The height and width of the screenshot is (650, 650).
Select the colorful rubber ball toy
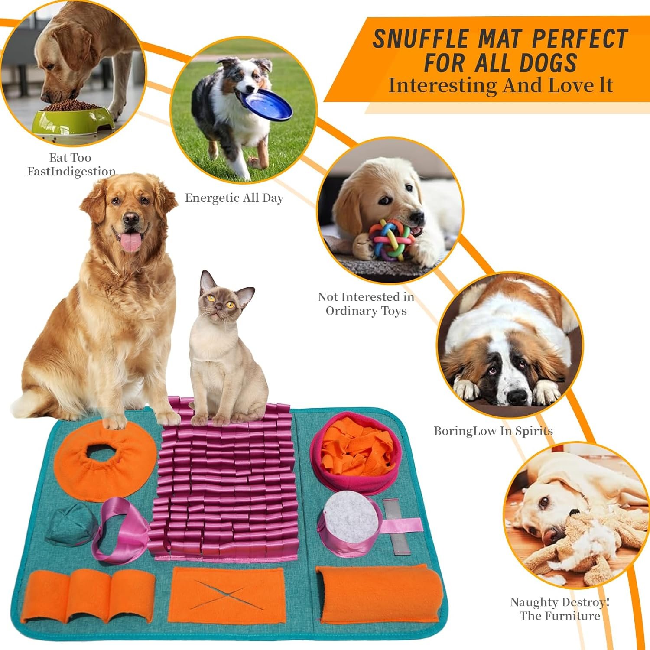pyautogui.click(x=390, y=239)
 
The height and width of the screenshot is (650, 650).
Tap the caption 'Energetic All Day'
pyautogui.click(x=234, y=198)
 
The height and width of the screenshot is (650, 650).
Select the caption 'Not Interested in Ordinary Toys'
pyautogui.click(x=366, y=304)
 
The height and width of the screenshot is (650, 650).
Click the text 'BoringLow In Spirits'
pyautogui.click(x=494, y=431)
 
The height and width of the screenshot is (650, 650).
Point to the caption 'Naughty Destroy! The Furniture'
pyautogui.click(x=560, y=609)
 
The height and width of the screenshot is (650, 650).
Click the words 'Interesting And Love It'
pyautogui.click(x=500, y=85)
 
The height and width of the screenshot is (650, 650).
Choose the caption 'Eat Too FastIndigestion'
pyautogui.click(x=71, y=164)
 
